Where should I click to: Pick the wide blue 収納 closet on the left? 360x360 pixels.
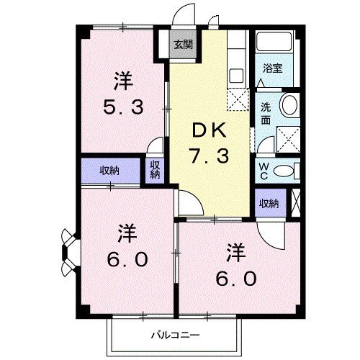[109, 171]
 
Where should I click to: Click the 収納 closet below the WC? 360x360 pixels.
[269, 204]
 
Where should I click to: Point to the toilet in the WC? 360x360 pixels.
[285, 171]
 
